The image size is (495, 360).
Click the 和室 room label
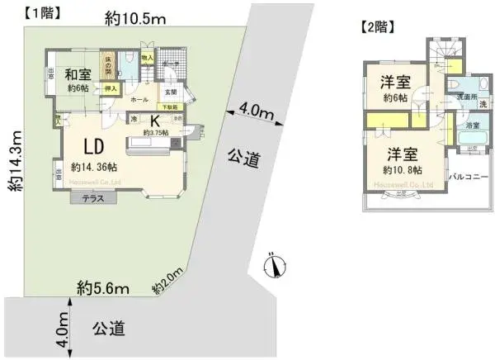click(78, 73)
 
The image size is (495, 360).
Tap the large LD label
click(92, 146)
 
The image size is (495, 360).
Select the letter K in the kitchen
click(155, 120)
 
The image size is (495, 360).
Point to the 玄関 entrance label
click(170, 92)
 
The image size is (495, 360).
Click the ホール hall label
click(139, 100)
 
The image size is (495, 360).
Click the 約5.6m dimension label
click(103, 287)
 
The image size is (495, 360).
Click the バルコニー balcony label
click(469, 176)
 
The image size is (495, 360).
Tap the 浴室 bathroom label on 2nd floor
click(473, 126)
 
